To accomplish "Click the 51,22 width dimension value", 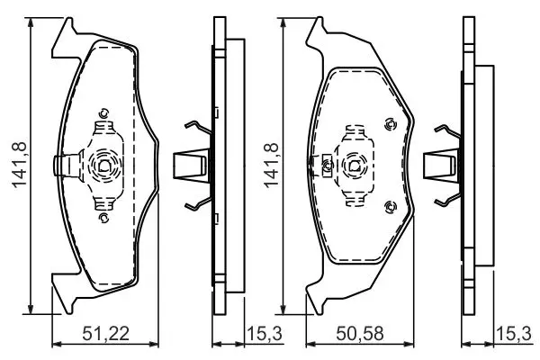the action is (105, 334).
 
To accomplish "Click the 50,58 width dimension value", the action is (360, 334).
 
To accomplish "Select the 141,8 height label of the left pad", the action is (20, 165).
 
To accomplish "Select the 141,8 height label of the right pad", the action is (272, 165).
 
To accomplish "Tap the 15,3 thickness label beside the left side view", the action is (265, 334).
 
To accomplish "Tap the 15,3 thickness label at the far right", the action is (514, 334).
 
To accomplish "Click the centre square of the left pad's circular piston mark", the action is (103, 166).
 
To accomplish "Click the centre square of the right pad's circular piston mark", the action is (355, 166).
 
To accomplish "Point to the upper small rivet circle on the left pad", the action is (103, 113).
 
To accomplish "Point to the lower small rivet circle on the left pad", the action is (103, 218).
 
